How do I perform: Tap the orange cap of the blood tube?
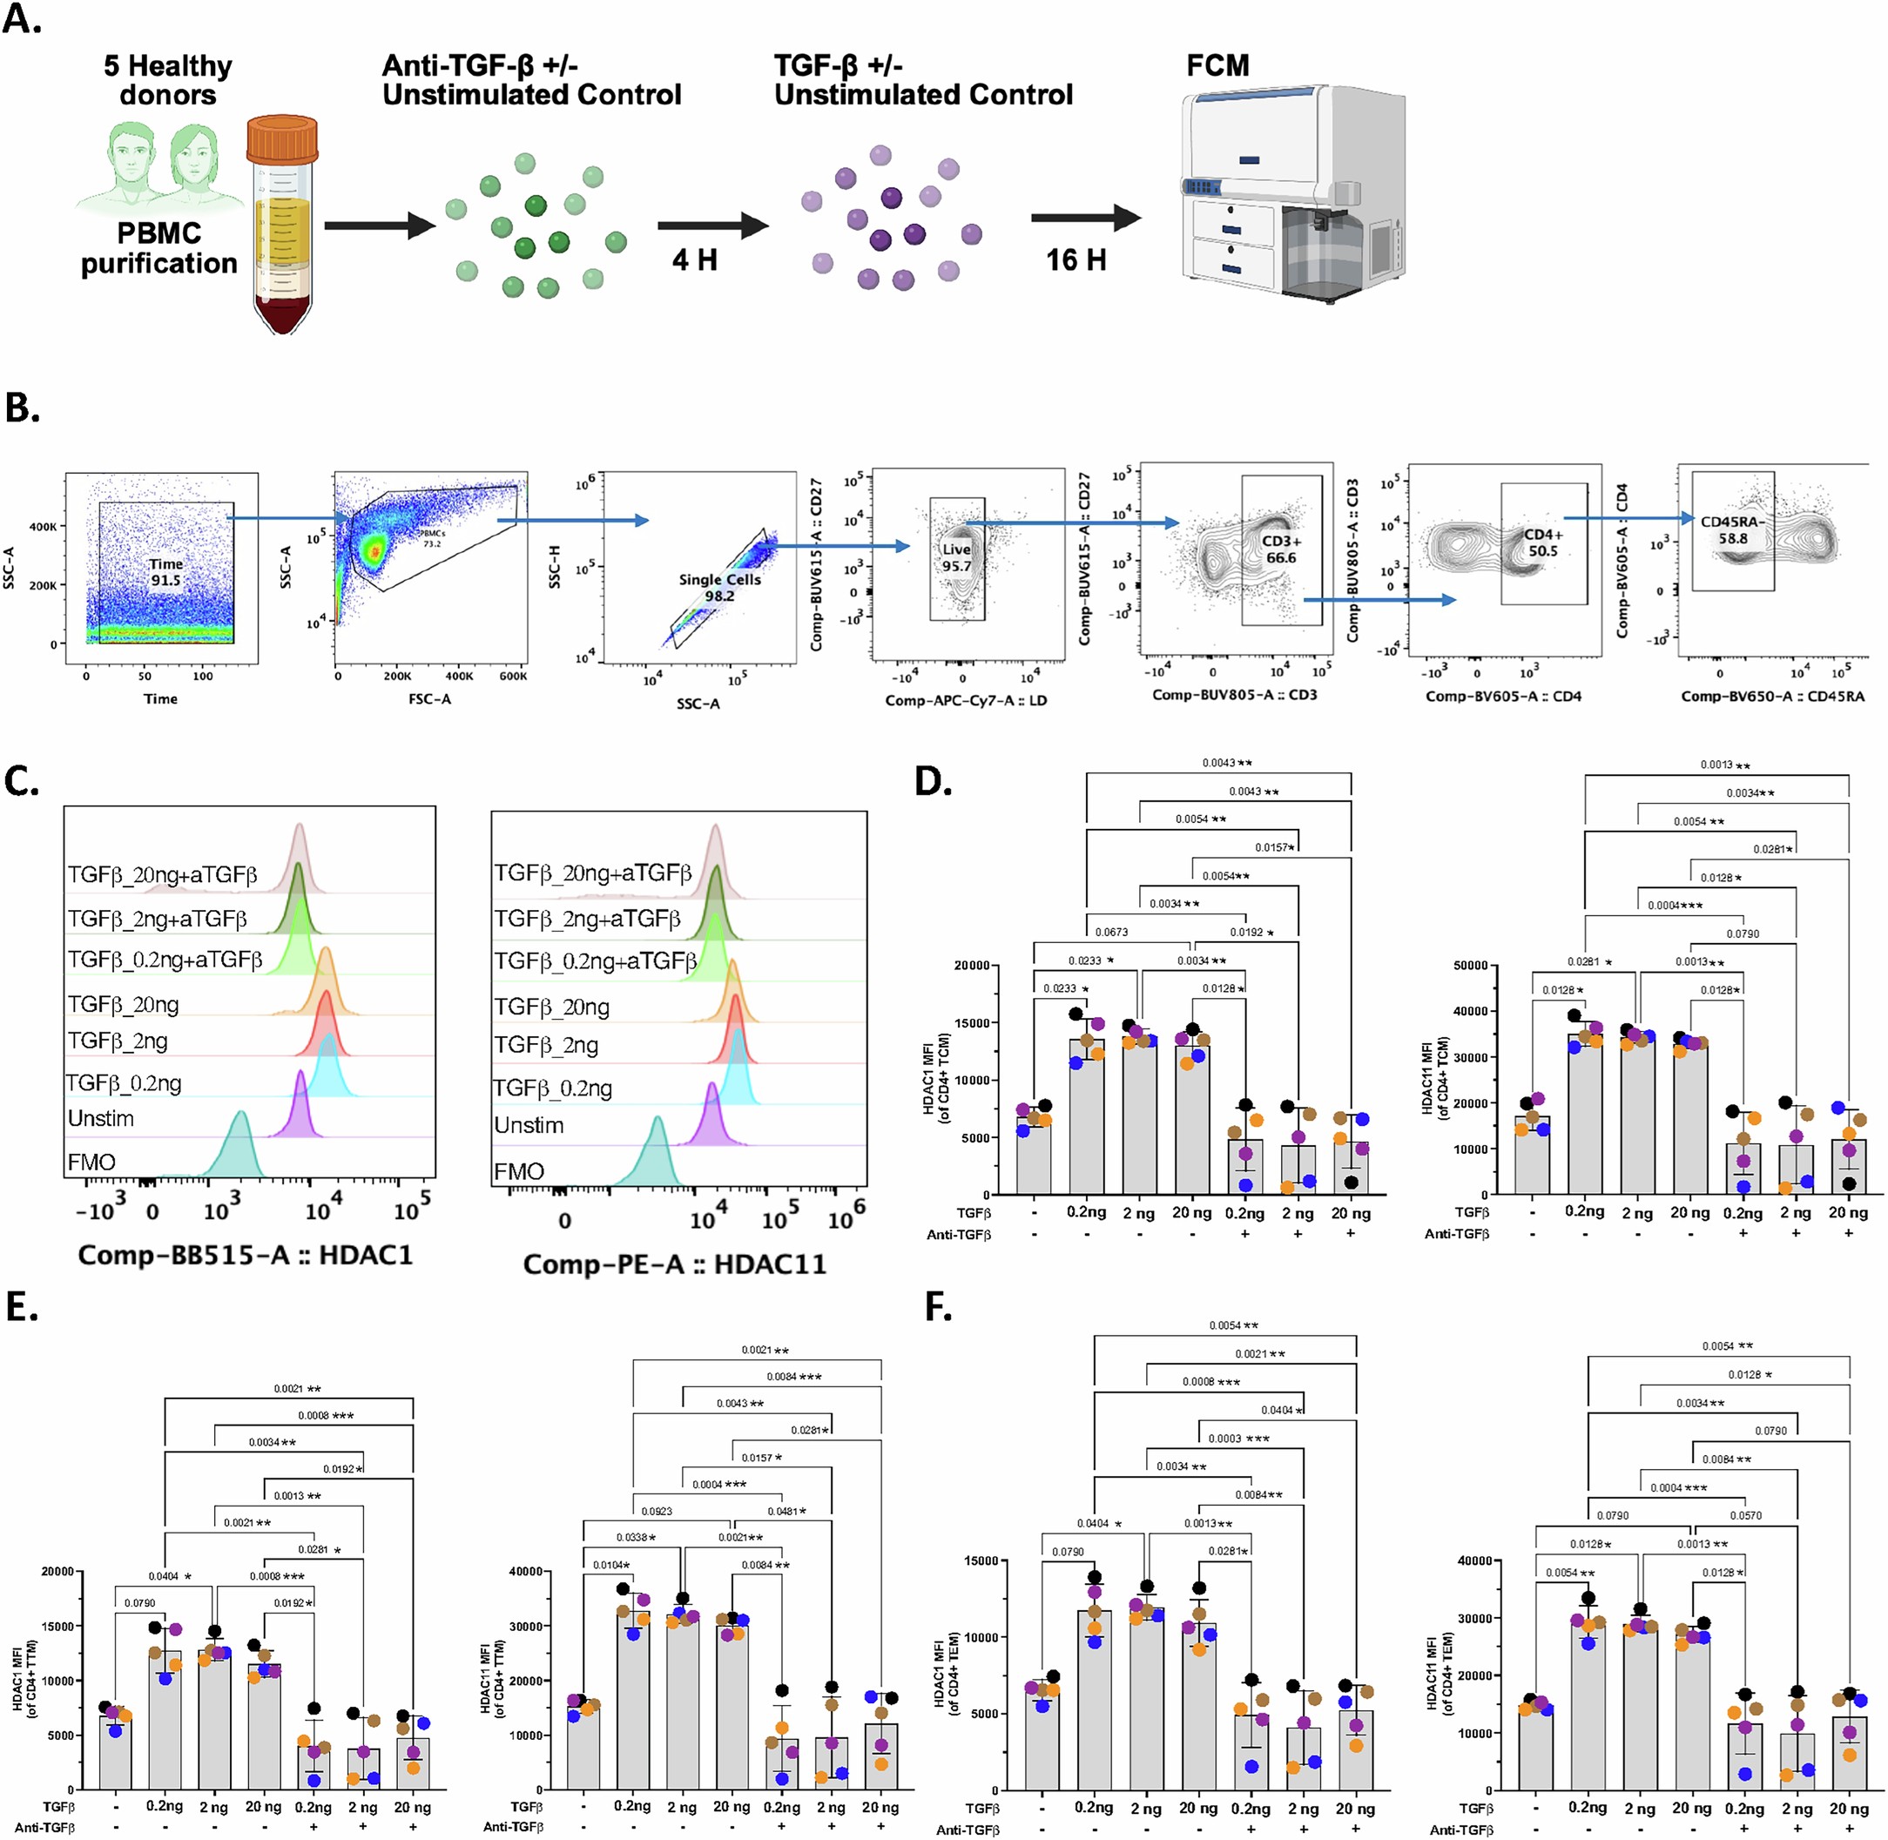click(x=282, y=140)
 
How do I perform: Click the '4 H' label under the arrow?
click(x=694, y=260)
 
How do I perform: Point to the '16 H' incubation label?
click(x=1075, y=260)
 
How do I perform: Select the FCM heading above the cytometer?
click(x=1217, y=65)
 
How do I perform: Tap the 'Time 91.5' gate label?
click(x=165, y=572)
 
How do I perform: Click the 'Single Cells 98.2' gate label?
click(x=720, y=588)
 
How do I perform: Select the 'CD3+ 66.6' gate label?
click(x=1281, y=549)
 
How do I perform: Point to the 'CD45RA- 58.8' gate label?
click(x=1732, y=529)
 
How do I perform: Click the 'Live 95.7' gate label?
click(x=956, y=557)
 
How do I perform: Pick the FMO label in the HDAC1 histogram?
click(x=91, y=1162)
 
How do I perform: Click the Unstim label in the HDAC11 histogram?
click(x=529, y=1125)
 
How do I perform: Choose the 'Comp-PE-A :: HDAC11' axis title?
click(x=674, y=1264)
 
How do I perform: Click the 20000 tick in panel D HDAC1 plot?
click(x=970, y=966)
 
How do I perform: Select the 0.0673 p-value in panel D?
click(x=1111, y=932)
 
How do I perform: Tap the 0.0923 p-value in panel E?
click(x=657, y=1511)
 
